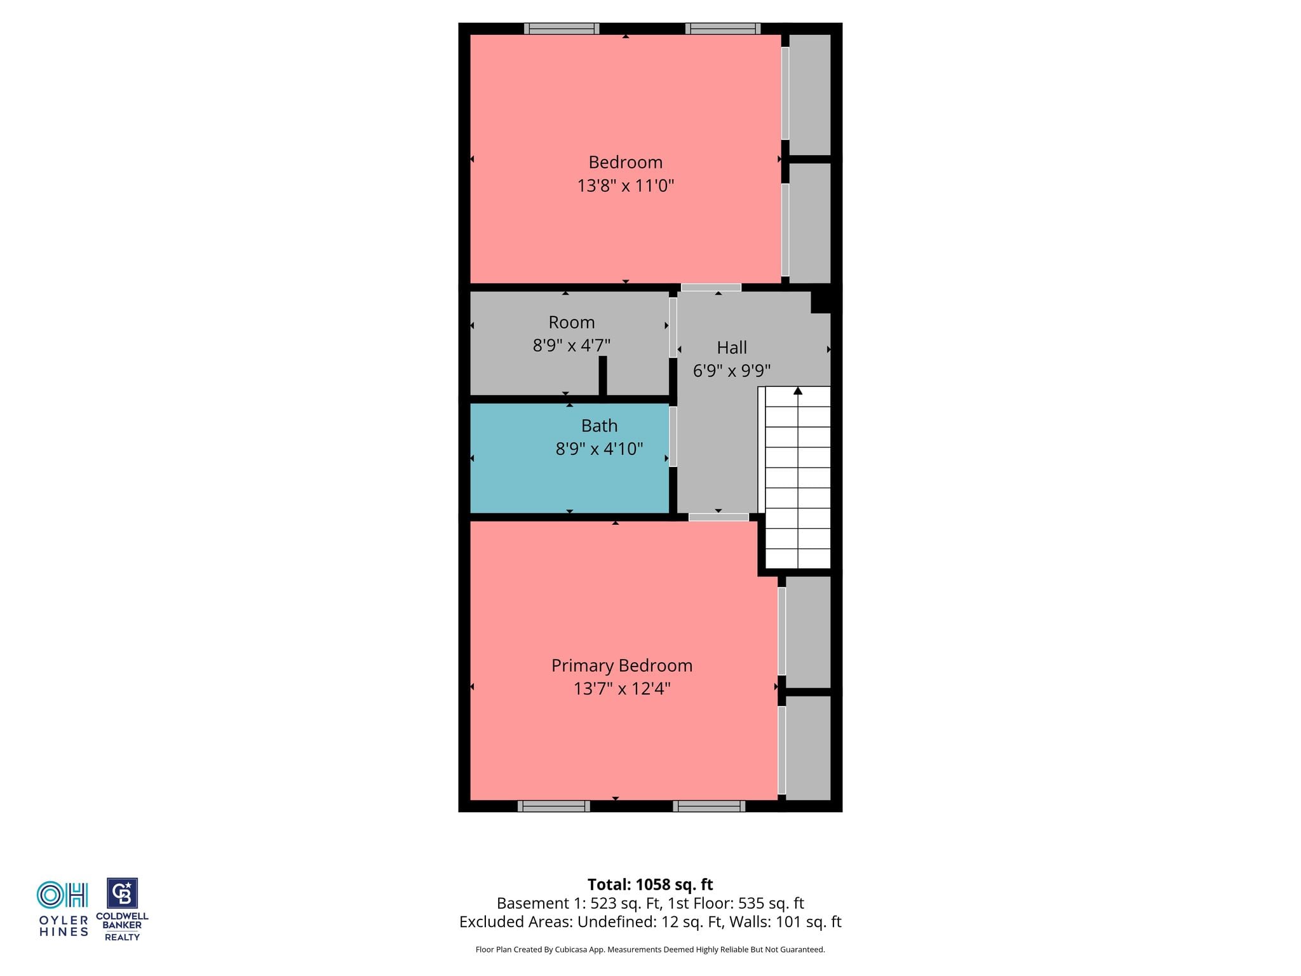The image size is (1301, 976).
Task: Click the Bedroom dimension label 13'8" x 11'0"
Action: [x=625, y=186]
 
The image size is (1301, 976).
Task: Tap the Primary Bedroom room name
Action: [x=622, y=665]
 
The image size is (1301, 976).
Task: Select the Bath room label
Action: [x=599, y=426]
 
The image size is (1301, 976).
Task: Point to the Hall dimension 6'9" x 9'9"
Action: [x=732, y=370]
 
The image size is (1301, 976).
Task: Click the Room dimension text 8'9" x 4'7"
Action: [x=572, y=346]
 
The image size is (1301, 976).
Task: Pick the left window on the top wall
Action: [x=562, y=29]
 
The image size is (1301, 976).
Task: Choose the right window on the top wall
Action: [x=723, y=29]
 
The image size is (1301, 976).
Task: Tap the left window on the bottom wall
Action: [x=554, y=806]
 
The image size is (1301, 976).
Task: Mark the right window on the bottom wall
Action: [x=709, y=806]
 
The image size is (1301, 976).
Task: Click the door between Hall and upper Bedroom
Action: [x=711, y=288]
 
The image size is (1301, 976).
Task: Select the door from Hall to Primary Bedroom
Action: [x=718, y=517]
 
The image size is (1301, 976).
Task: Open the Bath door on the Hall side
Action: [x=673, y=437]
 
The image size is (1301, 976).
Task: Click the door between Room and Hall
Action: [x=673, y=327]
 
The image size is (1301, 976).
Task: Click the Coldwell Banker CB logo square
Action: [x=122, y=893]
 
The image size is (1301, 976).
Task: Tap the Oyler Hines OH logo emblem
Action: [x=62, y=895]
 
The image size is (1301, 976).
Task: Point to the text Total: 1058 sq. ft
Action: [x=650, y=884]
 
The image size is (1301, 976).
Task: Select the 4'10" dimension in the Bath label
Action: [x=623, y=449]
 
